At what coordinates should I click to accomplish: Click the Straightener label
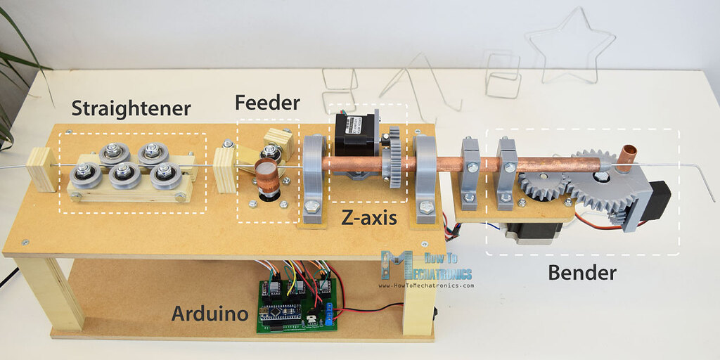(x=131, y=108)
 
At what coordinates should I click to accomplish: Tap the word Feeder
(x=267, y=103)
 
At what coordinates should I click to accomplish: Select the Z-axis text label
(x=369, y=217)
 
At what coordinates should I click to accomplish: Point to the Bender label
(x=582, y=271)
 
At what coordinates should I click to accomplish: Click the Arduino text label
(x=210, y=313)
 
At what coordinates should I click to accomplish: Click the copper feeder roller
(x=266, y=175)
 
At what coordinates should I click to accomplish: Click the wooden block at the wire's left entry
(x=42, y=169)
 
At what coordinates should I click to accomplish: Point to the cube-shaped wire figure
(x=502, y=74)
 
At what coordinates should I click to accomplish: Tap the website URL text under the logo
(x=426, y=285)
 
